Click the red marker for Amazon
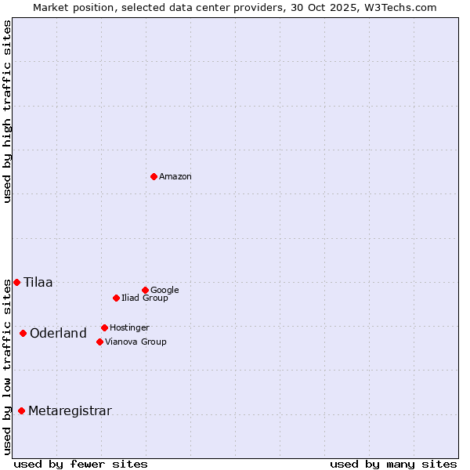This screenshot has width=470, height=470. click(154, 176)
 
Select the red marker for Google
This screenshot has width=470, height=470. click(145, 290)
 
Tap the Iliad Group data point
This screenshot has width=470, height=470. click(116, 298)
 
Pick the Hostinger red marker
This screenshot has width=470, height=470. click(104, 327)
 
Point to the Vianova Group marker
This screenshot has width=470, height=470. click(99, 342)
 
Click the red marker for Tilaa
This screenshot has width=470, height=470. click(16, 282)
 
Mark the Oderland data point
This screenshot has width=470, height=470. click(23, 333)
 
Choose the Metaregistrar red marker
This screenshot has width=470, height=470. click(21, 410)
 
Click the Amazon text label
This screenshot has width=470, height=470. click(175, 177)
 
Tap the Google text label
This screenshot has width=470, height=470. click(164, 291)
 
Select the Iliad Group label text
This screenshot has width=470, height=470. click(145, 298)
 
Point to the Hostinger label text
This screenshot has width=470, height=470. click(129, 328)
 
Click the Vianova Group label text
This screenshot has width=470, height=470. click(136, 342)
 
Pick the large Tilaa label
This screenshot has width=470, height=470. click(38, 283)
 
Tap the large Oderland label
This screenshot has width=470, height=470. click(58, 334)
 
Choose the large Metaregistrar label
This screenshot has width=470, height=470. click(70, 411)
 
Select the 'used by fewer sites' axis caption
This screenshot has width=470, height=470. click(81, 464)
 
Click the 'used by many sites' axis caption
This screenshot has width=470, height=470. click(393, 464)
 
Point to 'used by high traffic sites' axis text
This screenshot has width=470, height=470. click(7, 111)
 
